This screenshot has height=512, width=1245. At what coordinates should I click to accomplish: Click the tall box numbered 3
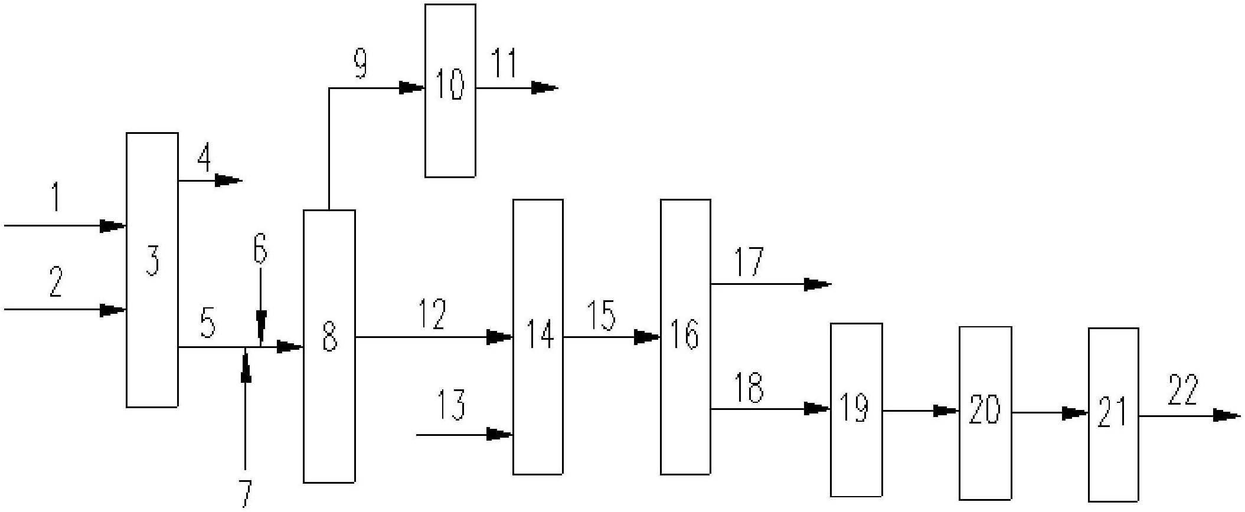point(152,270)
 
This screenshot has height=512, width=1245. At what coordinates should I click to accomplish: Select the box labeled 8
point(329,346)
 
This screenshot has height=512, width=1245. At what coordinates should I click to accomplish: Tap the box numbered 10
point(450,90)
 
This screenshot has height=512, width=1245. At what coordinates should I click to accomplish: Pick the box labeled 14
point(537,337)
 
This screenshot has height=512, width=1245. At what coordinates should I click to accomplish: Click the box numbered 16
point(685,337)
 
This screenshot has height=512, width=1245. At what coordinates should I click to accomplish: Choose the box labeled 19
point(856,410)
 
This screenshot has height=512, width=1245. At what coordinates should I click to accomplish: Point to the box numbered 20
point(985,413)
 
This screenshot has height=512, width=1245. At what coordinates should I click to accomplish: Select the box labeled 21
point(1113,415)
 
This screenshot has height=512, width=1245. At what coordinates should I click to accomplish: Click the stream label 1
point(56,198)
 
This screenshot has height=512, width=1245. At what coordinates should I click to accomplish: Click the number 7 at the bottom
point(245,494)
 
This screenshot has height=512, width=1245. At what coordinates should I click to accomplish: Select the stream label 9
point(360,64)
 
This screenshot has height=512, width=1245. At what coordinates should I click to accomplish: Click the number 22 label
point(1183,390)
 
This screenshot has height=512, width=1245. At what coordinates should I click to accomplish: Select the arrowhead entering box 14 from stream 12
point(499,337)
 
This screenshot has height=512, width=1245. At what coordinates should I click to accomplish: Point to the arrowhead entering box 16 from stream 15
point(647,337)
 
